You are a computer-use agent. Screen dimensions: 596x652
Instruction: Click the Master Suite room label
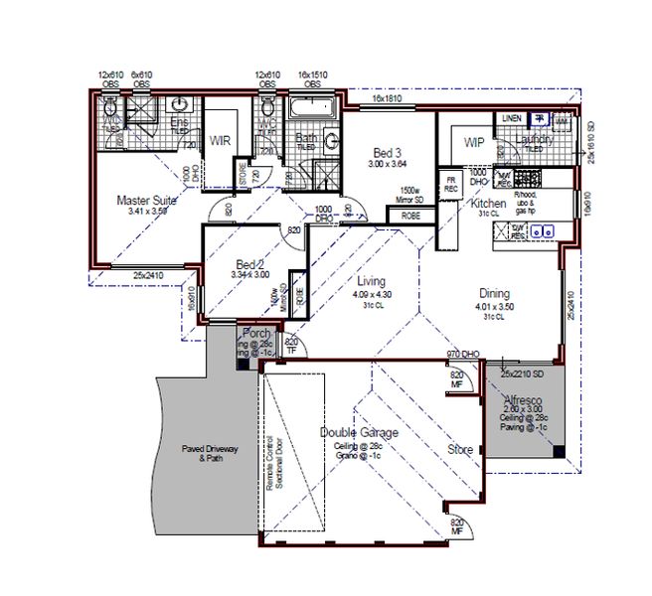click(x=146, y=200)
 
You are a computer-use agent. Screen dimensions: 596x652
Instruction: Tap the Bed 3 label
click(x=388, y=152)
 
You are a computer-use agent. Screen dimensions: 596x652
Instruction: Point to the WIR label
click(x=221, y=141)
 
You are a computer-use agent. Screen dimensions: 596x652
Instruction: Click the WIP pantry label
click(x=474, y=142)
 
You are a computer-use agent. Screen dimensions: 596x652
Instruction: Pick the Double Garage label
click(x=359, y=433)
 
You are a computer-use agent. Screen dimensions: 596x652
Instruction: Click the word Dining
click(x=494, y=294)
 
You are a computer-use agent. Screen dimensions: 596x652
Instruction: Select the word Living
click(x=372, y=281)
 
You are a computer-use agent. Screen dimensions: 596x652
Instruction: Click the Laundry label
click(x=535, y=139)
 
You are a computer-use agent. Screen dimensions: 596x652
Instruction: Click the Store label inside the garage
click(x=460, y=449)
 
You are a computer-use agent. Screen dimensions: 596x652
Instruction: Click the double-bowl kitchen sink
click(x=542, y=231)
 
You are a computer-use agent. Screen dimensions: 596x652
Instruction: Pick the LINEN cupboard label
click(x=512, y=119)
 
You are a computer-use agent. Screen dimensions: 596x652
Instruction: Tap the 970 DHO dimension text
click(x=464, y=354)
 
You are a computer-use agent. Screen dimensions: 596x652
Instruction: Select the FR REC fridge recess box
click(x=450, y=185)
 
